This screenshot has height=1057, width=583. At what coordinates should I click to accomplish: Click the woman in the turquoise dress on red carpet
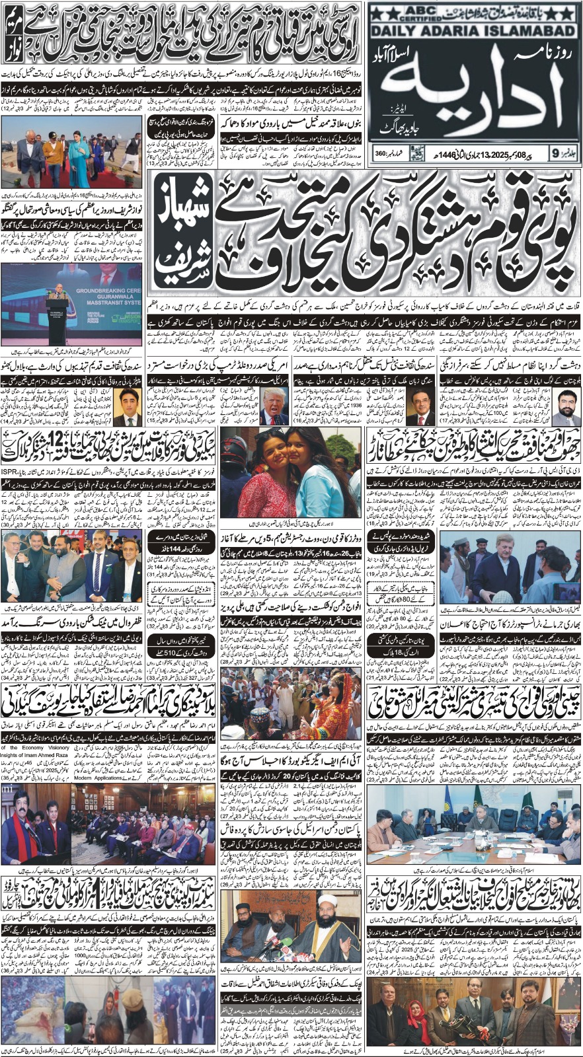coord(80,156)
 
